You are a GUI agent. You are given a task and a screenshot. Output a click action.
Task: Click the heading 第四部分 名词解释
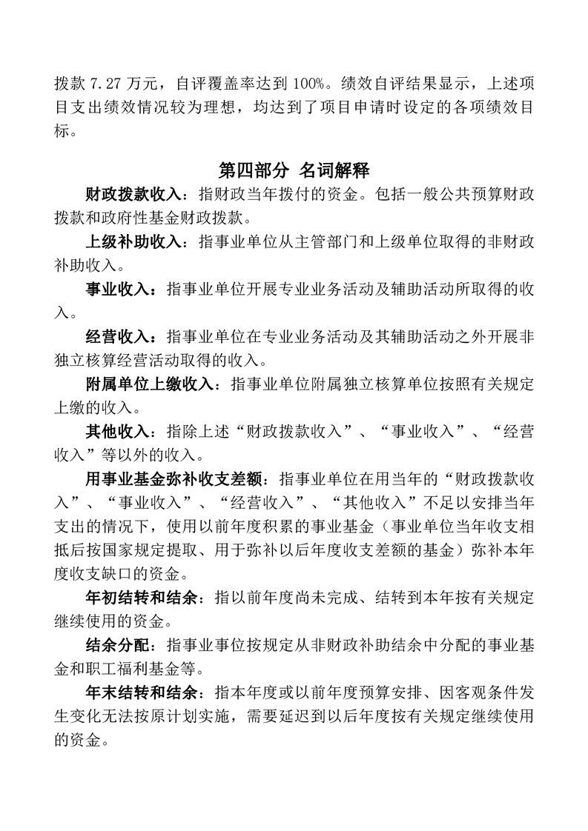294,170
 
